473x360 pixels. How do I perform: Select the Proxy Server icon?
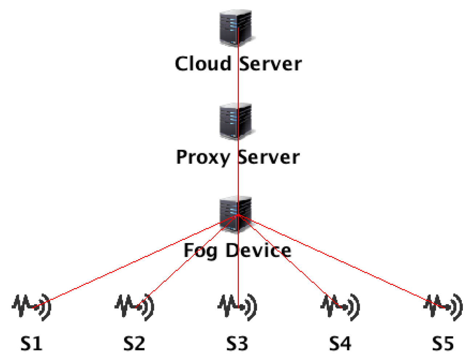(236, 122)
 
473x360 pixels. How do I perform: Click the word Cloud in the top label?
(203, 64)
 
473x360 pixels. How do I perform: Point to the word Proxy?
(203, 157)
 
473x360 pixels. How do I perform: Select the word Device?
(258, 250)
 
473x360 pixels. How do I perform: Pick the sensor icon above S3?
(237, 307)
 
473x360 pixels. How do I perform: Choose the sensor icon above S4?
(340, 307)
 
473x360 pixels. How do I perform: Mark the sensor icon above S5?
(443, 307)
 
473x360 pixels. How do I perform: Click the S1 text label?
(31, 343)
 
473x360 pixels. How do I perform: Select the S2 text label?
(134, 343)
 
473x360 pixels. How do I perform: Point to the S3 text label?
(237, 343)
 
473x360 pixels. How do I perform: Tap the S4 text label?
(340, 343)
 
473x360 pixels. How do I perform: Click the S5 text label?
(443, 343)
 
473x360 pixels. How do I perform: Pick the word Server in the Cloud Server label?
(270, 64)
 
